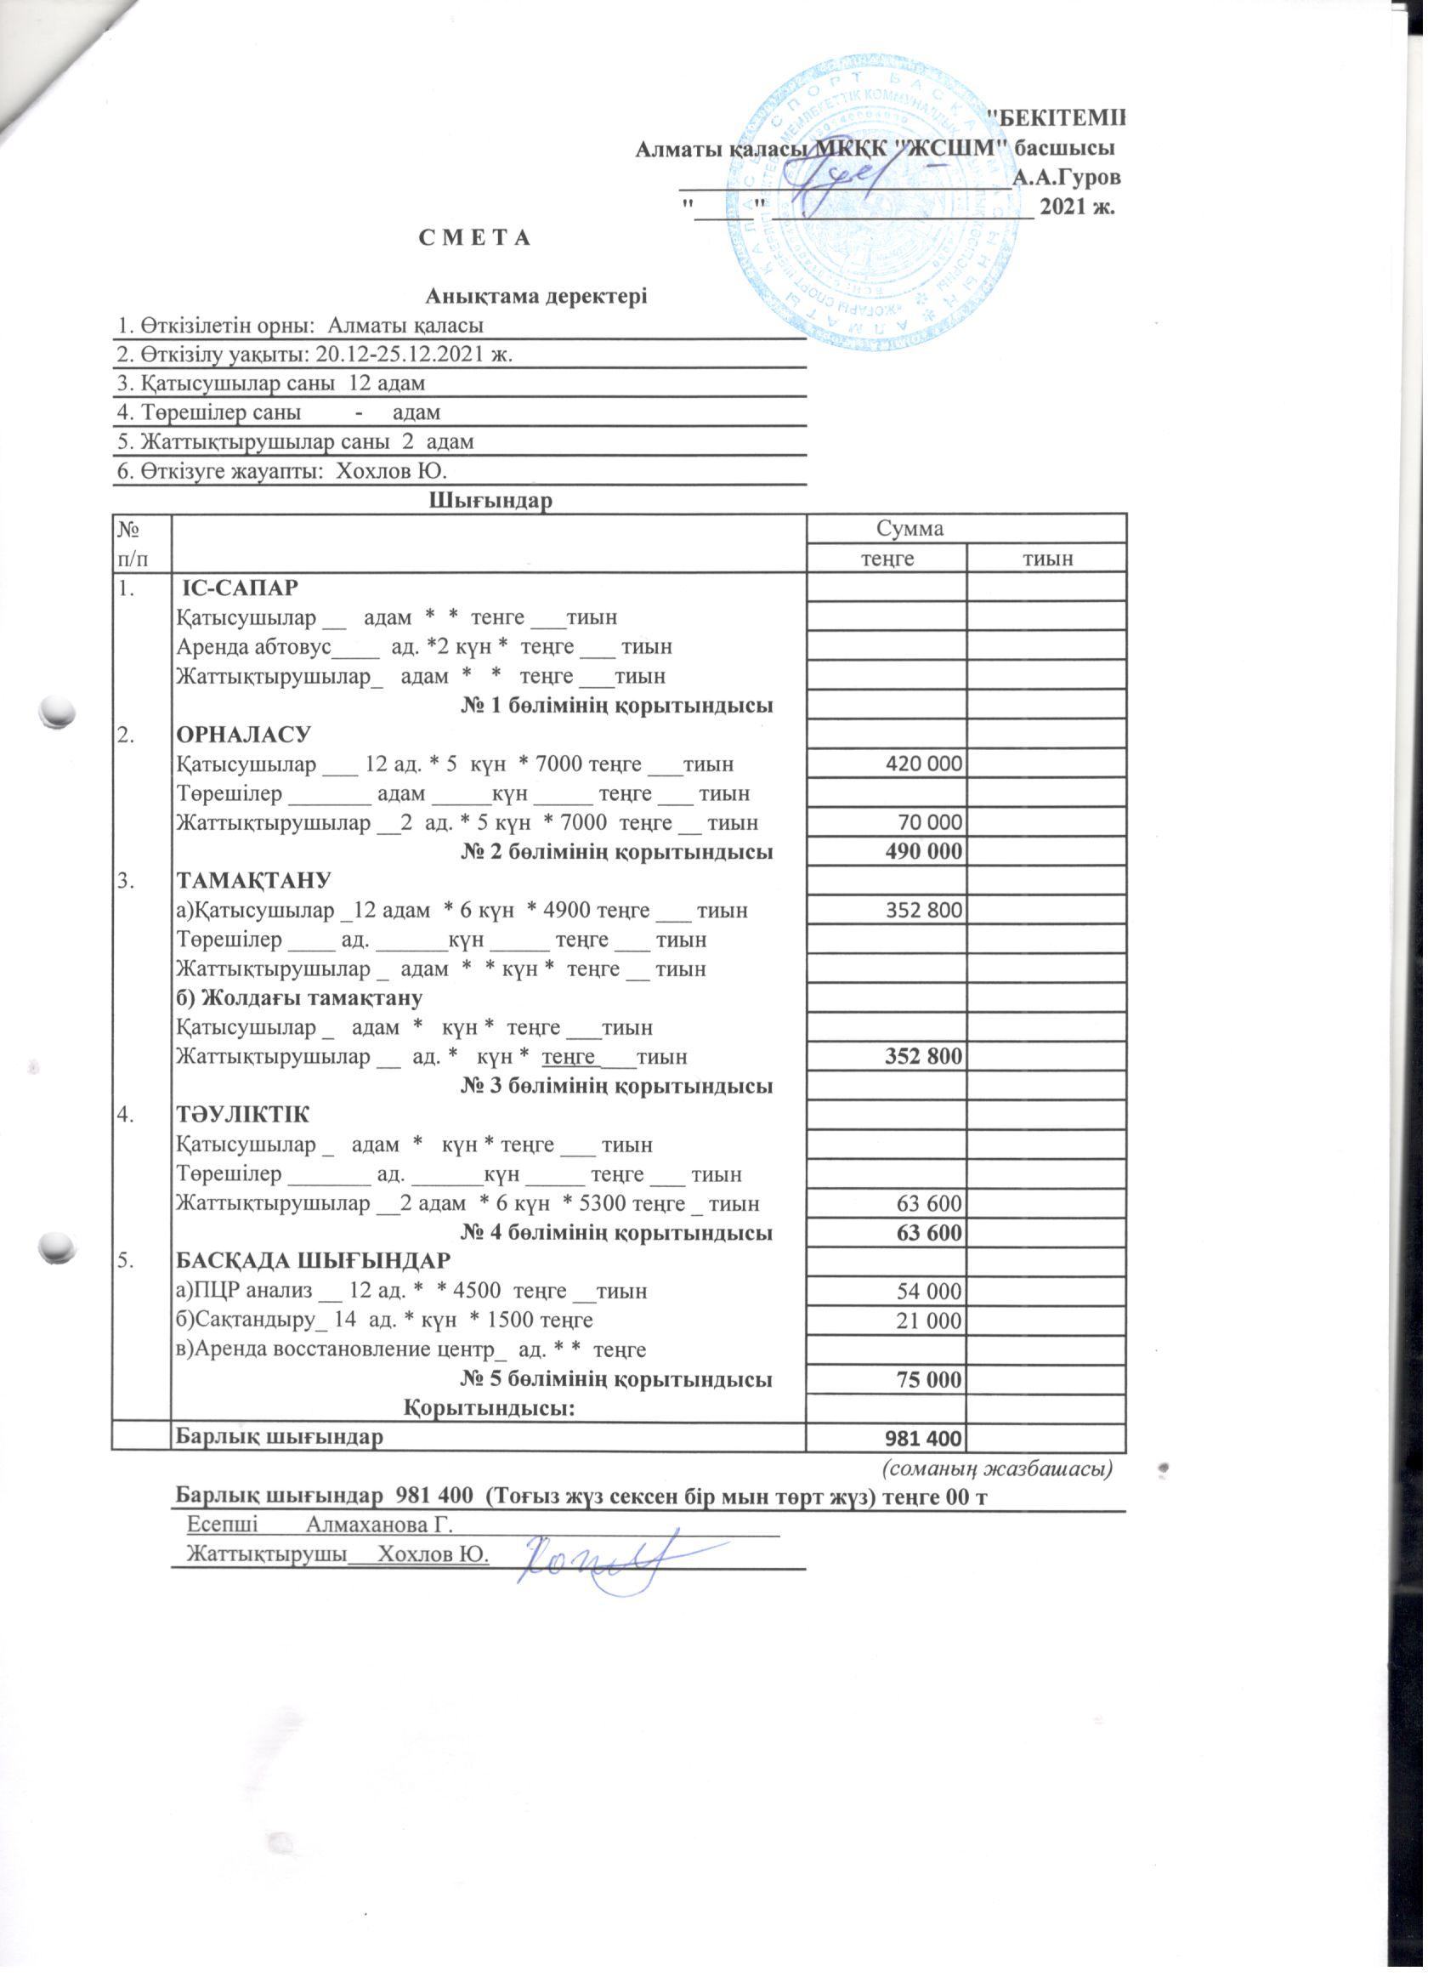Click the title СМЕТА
pos(475,238)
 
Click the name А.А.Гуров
pos(1066,178)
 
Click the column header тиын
pos(1047,559)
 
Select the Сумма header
pos(910,529)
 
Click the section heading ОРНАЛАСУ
pos(244,735)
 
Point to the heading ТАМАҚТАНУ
pos(254,881)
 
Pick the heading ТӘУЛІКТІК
pos(243,1116)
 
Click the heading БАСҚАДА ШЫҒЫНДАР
pos(314,1261)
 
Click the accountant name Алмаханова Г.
pos(378,1525)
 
